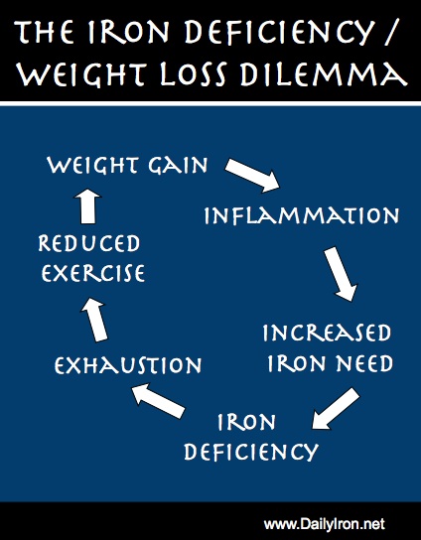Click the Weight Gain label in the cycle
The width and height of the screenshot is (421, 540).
127,165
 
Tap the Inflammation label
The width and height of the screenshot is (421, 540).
302,215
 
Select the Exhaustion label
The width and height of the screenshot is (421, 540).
128,365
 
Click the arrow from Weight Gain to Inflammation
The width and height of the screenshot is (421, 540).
252,175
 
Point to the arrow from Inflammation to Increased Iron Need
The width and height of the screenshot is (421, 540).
341,274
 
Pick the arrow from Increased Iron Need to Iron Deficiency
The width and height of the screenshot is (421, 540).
336,409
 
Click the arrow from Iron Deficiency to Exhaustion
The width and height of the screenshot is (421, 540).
159,401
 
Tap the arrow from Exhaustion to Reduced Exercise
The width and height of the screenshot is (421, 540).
93,320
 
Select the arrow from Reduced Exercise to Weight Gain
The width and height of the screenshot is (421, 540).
87,206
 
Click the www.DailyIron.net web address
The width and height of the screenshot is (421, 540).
325,524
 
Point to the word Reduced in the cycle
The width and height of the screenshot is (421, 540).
89,243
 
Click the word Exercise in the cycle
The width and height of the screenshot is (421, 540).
93,273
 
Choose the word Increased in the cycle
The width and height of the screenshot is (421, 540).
327,333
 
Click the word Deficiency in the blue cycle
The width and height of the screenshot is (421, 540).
251,452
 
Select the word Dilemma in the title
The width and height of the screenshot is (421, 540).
324,73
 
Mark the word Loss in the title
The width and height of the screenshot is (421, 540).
194,73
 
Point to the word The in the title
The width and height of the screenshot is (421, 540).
45,32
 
